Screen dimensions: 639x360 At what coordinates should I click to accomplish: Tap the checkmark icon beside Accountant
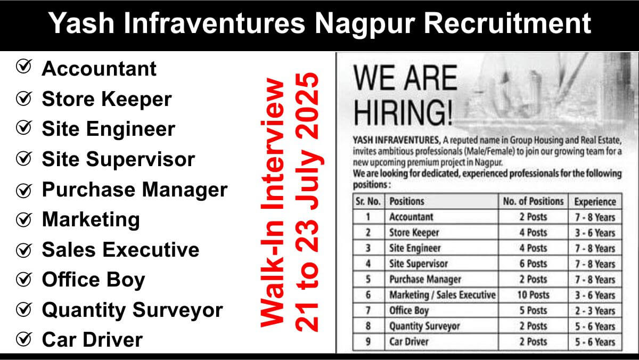[x=24, y=67]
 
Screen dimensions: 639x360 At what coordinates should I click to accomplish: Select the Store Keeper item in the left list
[x=106, y=99]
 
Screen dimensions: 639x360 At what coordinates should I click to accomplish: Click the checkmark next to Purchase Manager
[x=24, y=190]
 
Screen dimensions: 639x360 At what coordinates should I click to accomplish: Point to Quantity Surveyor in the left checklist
[x=133, y=310]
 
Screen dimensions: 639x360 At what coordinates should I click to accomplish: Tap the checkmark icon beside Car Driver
[x=24, y=339]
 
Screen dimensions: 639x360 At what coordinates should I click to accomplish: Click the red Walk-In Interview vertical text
[x=273, y=202]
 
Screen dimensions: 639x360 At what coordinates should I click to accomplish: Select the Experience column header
[x=595, y=202]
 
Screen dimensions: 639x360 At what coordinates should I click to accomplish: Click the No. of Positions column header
[x=533, y=201]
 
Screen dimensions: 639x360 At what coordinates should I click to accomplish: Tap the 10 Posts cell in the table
[x=533, y=295]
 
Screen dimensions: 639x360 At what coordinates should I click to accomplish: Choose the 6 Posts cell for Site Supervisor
[x=533, y=264]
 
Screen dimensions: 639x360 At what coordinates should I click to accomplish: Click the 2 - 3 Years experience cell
[x=595, y=310]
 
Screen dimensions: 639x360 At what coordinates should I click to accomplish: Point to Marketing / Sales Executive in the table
[x=443, y=295]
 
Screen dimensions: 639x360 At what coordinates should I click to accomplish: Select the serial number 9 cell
[x=368, y=342]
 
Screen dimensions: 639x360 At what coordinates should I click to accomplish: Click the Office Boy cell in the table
[x=409, y=310]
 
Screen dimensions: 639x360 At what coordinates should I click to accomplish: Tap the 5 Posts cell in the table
[x=533, y=310]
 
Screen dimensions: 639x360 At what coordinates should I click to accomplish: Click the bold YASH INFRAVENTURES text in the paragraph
[x=397, y=141]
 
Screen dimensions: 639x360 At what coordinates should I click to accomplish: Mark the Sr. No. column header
[x=368, y=201]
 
